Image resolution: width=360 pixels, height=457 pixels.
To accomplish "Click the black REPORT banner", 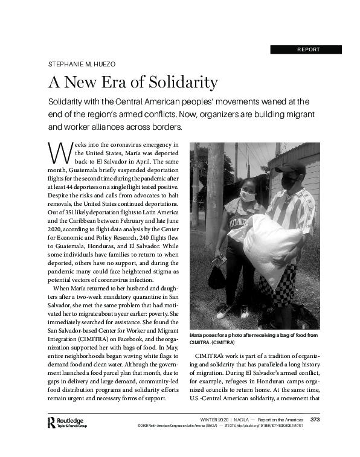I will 306,50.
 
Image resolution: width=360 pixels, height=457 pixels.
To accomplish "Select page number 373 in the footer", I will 315,419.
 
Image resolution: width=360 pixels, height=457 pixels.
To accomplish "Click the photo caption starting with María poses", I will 254,339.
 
